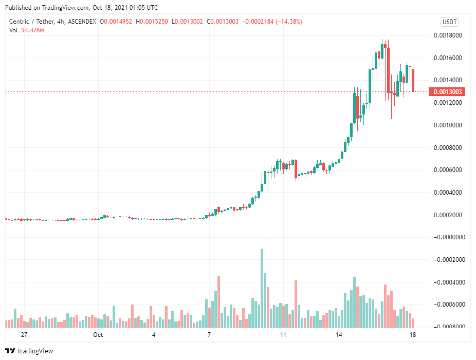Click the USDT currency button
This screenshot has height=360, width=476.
tap(450, 22)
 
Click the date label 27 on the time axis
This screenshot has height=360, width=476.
tap(24, 334)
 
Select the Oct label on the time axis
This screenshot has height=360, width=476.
tap(98, 334)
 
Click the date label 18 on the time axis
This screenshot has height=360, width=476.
tap(412, 334)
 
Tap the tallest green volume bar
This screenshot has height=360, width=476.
tap(262, 288)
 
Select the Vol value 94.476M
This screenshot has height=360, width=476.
tap(33, 30)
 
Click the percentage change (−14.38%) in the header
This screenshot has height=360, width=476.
tap(289, 22)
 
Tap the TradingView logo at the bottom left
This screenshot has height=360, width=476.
tap(29, 351)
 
